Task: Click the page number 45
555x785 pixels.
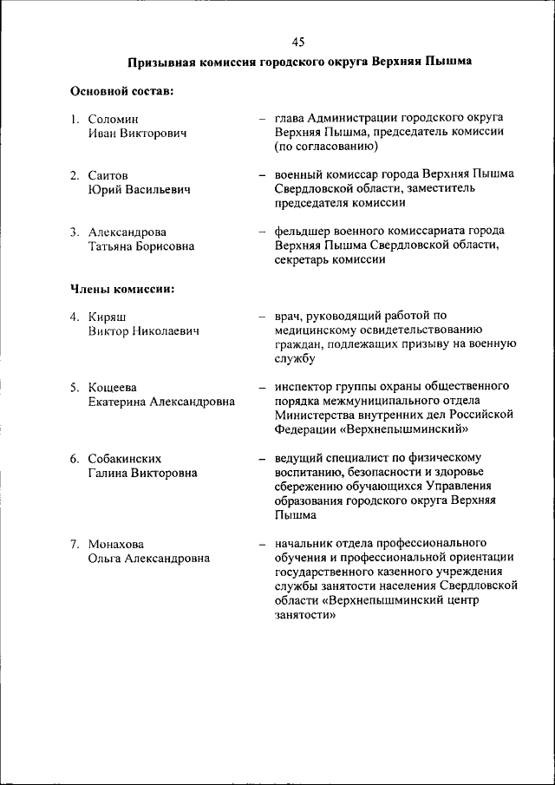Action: click(298, 42)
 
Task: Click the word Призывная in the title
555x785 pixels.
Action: click(160, 63)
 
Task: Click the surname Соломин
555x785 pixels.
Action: click(113, 119)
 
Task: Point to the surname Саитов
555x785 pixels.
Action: click(108, 175)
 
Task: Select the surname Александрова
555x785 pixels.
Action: click(127, 232)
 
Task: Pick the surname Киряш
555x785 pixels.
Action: click(107, 317)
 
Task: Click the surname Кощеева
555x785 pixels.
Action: click(112, 387)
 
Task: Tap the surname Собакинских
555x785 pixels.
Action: click(125, 458)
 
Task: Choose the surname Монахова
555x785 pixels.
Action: click(117, 545)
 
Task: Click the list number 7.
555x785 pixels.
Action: click(75, 545)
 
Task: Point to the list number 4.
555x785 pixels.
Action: click(75, 317)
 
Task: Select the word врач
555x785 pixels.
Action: click(288, 316)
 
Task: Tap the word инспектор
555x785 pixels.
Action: click(305, 386)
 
